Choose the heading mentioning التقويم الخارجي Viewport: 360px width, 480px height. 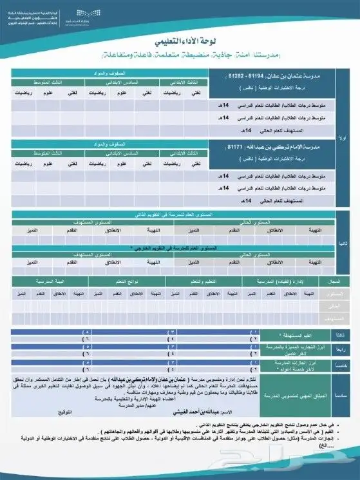point(184,247)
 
